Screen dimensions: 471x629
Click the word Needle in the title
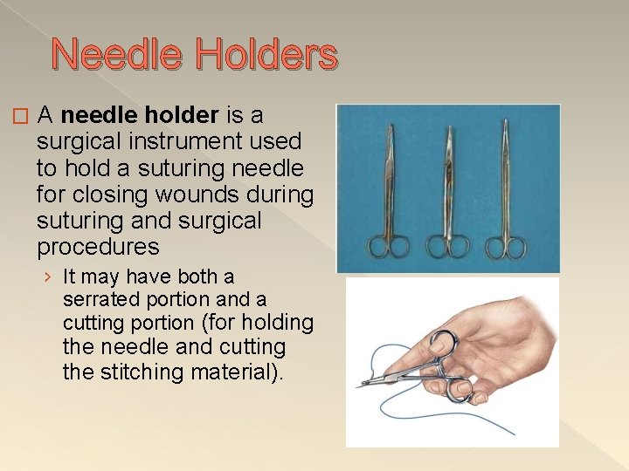(x=116, y=55)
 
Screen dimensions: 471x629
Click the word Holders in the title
(x=266, y=55)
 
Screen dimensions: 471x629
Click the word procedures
(x=98, y=247)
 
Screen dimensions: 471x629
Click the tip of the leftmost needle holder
(x=385, y=124)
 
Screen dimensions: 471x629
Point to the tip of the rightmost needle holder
(x=505, y=123)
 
